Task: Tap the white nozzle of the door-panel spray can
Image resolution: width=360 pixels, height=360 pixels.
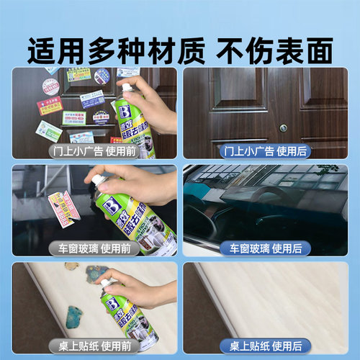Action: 127,88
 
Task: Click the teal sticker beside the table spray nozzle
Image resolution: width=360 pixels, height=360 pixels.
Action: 95,275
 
